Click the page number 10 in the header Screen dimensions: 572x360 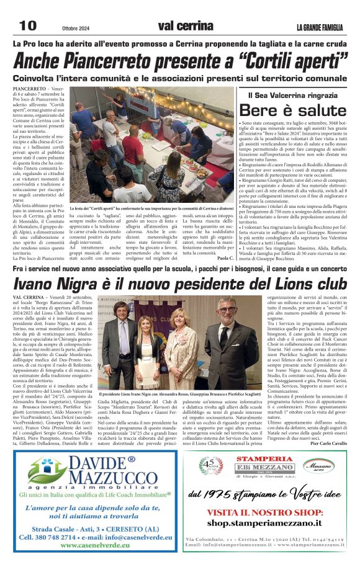coord(27,25)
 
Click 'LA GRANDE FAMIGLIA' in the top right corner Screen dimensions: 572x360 coord(320,27)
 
